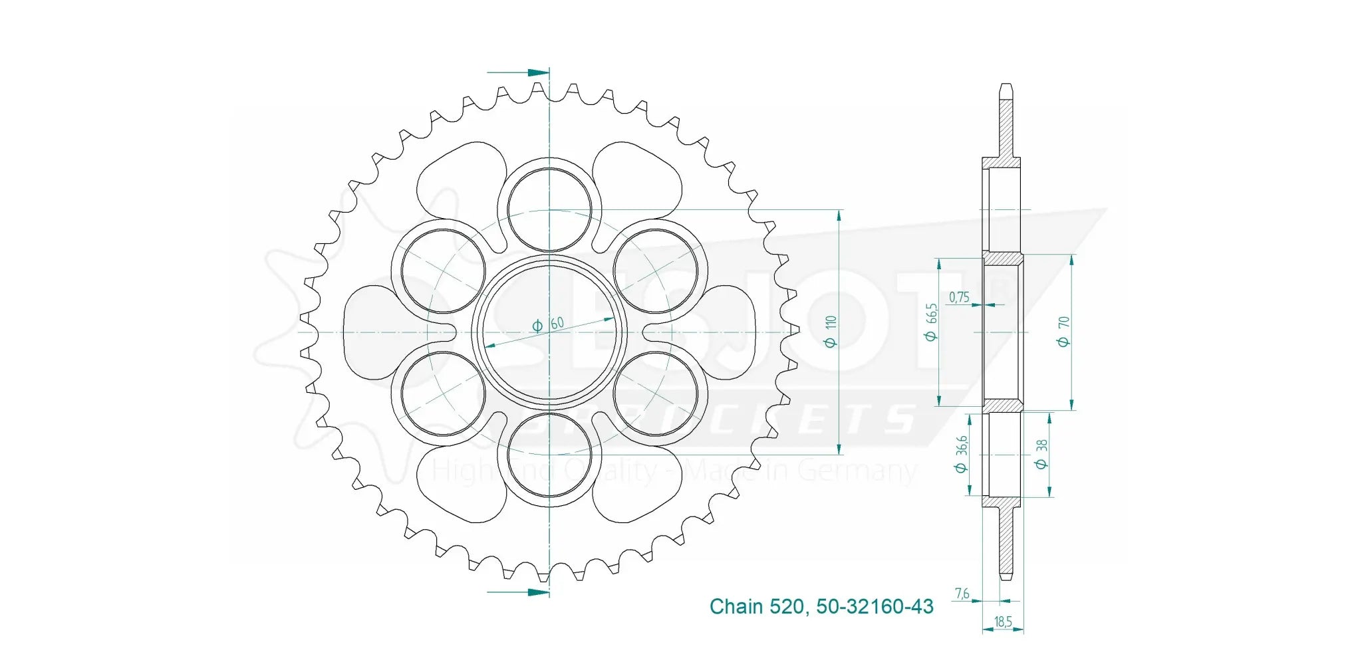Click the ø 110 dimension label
click(830, 331)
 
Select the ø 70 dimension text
click(1063, 331)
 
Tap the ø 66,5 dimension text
click(931, 322)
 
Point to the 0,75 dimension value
click(959, 297)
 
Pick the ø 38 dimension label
click(1041, 454)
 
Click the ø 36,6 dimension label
click(961, 454)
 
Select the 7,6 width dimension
click(962, 594)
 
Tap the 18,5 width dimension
click(1003, 622)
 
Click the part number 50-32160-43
click(875, 606)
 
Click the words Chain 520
click(756, 606)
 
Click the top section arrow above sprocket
click(519, 72)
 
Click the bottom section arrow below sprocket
click(519, 591)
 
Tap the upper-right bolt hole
click(656, 271)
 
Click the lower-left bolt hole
click(444, 393)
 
